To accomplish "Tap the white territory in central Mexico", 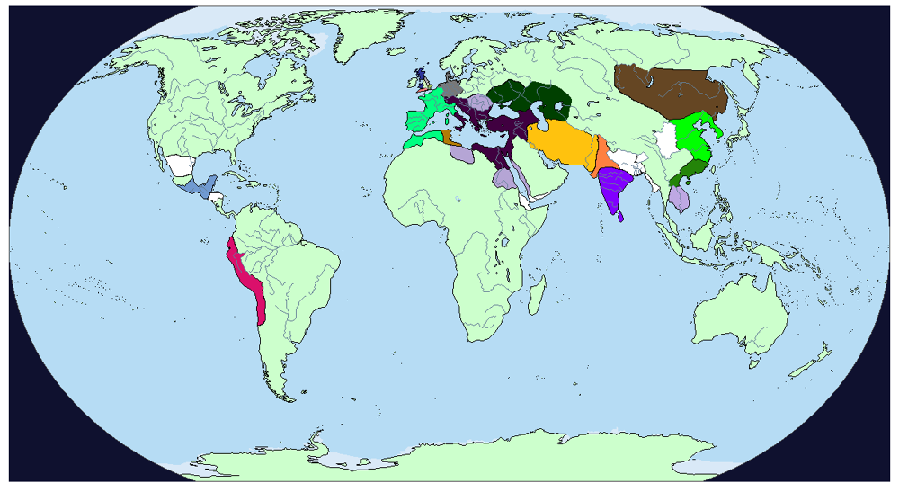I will [x=181, y=166].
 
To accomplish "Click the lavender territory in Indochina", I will [x=680, y=197].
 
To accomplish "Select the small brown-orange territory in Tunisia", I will [x=447, y=138].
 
